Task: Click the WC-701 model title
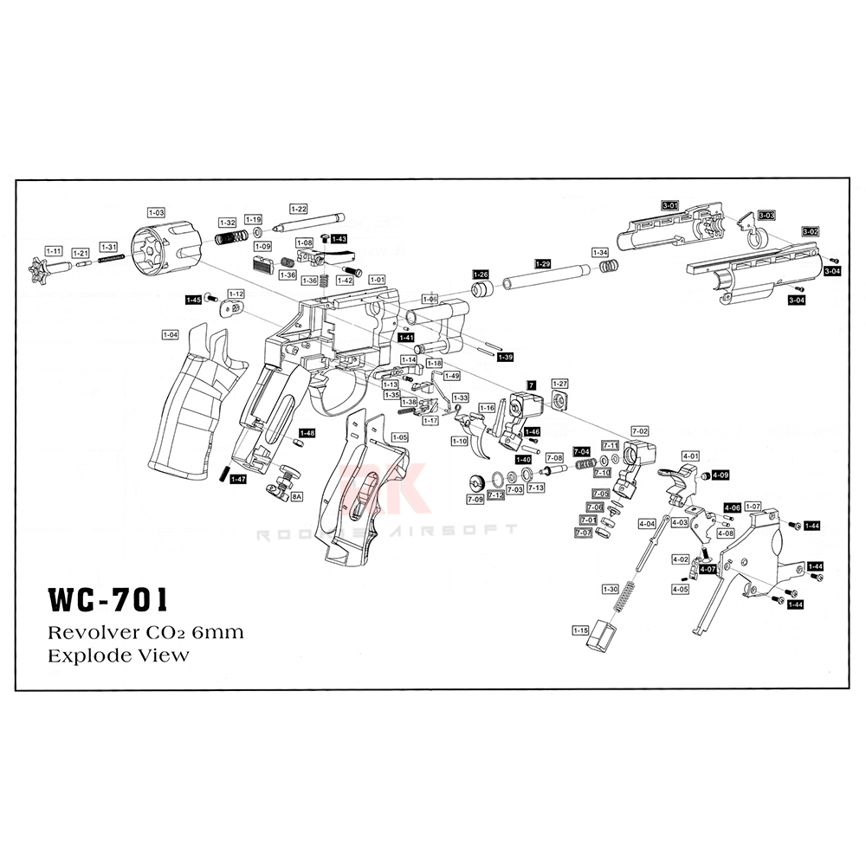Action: [x=107, y=599]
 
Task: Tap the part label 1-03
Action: [x=156, y=211]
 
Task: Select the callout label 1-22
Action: [x=298, y=209]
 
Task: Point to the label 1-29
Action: [x=542, y=263]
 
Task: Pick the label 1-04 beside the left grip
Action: [x=170, y=333]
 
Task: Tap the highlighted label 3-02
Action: [x=810, y=231]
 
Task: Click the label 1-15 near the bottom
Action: [x=579, y=630]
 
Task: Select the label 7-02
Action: [x=640, y=430]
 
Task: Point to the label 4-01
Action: [x=690, y=455]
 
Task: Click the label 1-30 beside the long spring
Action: [x=610, y=589]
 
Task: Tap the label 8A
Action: [x=296, y=497]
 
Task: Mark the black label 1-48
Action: [x=307, y=432]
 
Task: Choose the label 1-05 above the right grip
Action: [x=399, y=437]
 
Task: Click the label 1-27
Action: [x=560, y=383]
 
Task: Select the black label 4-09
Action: [x=721, y=475]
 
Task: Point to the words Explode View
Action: [x=118, y=655]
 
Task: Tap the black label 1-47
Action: [x=237, y=478]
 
